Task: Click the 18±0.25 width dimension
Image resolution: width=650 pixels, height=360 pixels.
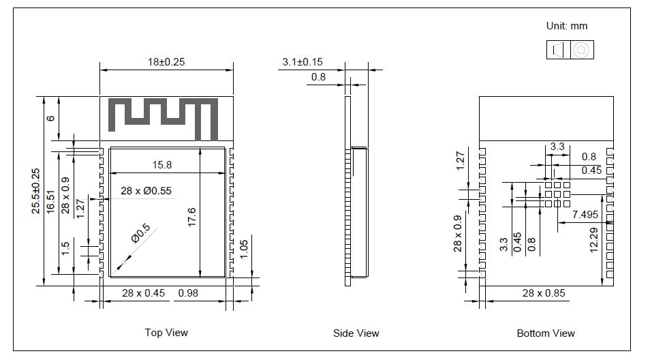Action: click(x=166, y=62)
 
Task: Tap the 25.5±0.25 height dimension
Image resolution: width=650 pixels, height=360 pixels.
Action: click(x=36, y=192)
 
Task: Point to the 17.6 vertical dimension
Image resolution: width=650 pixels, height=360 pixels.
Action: click(x=191, y=220)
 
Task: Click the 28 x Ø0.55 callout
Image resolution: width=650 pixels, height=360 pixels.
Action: click(x=145, y=192)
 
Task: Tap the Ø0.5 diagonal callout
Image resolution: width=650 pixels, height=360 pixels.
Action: click(x=140, y=236)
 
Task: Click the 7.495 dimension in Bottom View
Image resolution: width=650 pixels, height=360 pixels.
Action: click(x=585, y=214)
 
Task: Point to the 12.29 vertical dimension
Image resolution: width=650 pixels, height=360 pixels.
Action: click(x=593, y=239)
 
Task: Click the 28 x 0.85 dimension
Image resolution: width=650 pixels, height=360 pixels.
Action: click(x=544, y=293)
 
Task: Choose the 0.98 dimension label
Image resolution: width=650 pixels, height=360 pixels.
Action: click(x=188, y=293)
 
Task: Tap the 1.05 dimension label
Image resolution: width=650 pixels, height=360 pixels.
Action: click(x=245, y=248)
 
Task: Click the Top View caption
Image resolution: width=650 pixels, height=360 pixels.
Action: click(x=166, y=333)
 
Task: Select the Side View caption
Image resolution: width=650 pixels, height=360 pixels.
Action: click(x=356, y=333)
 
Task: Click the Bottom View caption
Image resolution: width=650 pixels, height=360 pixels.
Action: click(x=546, y=333)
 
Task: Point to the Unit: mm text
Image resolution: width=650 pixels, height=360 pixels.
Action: click(x=566, y=27)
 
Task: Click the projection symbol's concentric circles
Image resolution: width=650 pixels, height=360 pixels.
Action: click(x=581, y=50)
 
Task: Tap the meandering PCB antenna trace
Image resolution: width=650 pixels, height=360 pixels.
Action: click(x=164, y=115)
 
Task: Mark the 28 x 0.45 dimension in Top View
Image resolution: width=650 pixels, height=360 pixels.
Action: click(x=143, y=293)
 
